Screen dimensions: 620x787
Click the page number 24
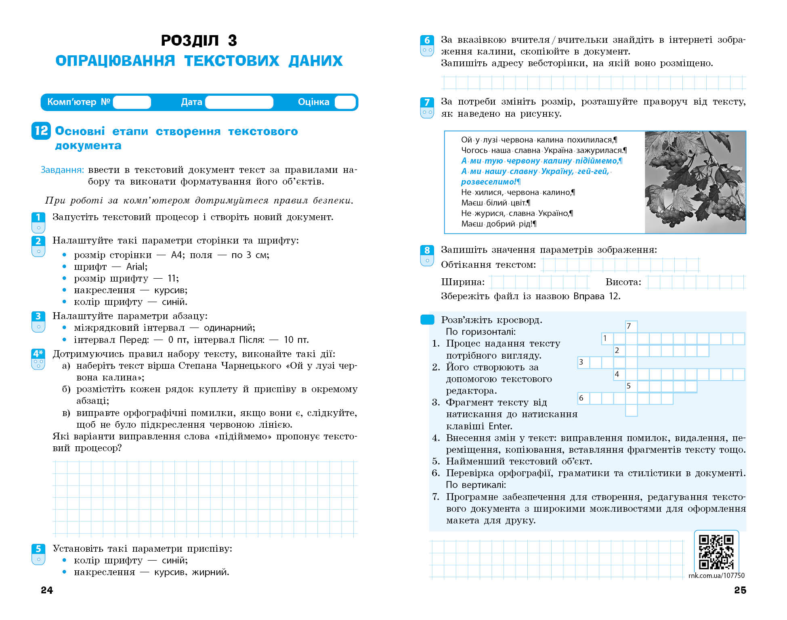pos(47,590)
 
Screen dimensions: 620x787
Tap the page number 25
pos(740,590)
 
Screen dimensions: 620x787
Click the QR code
pos(716,552)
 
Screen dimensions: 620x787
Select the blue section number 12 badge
pos(41,130)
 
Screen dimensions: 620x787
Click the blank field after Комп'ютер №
pos(132,102)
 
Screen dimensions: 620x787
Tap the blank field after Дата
pos(239,102)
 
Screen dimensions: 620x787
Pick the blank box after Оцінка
pos(345,102)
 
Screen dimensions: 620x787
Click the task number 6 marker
pos(427,41)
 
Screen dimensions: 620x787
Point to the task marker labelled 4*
pos(38,354)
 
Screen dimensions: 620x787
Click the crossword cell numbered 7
pos(631,326)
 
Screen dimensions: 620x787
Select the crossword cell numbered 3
pos(583,362)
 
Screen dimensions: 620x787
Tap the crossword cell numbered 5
pos(631,386)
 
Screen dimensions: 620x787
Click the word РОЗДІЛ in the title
pos(190,40)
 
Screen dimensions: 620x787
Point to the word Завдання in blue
pos(62,170)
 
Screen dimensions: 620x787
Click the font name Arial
pos(136,267)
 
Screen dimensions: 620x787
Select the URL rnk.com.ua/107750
pos(716,576)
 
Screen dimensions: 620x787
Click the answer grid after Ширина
pos(539,282)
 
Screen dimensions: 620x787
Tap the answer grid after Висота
pos(695,282)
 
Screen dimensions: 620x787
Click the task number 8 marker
pos(427,250)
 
